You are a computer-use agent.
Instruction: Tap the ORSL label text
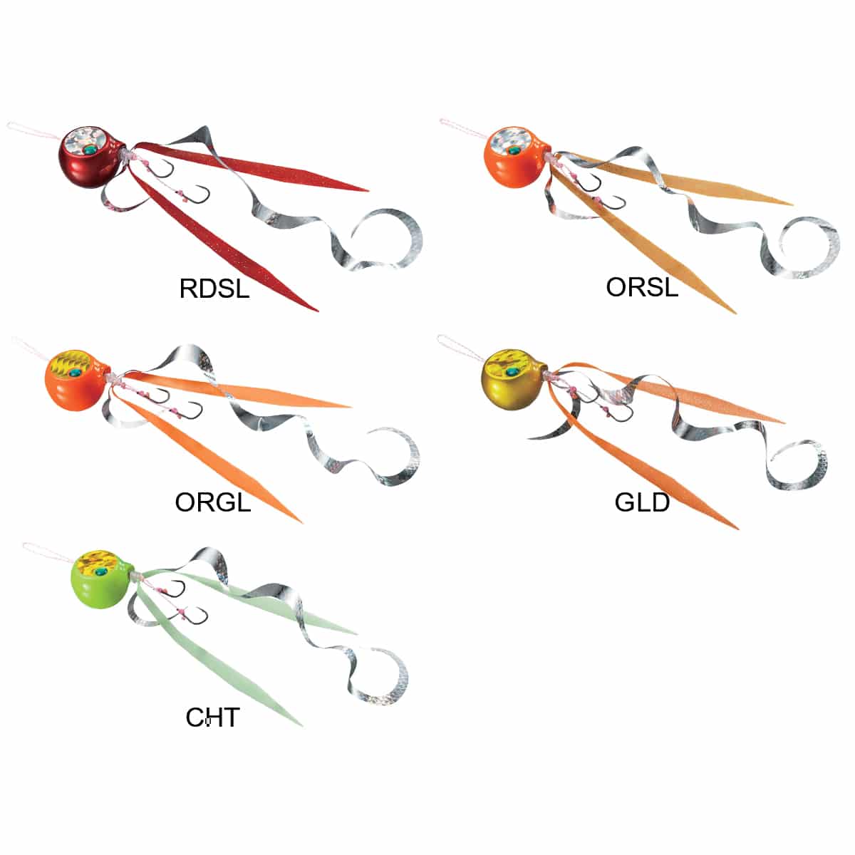(642, 286)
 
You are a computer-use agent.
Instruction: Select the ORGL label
(213, 502)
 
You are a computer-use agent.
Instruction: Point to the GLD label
(642, 502)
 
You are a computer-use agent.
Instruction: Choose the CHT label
(212, 717)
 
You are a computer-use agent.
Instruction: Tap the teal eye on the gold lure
(512, 371)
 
